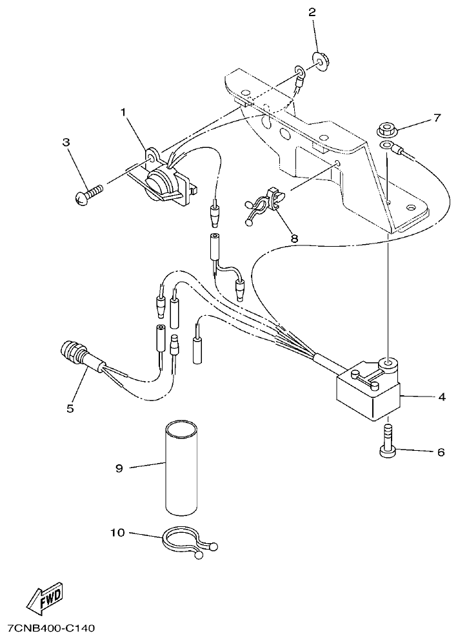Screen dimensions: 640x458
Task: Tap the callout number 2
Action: coord(313,12)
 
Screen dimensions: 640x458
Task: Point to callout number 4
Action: coord(442,397)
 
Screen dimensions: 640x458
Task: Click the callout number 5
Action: coord(70,408)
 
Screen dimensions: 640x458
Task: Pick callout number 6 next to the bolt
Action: coord(441,452)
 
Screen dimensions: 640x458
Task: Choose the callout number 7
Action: coord(437,118)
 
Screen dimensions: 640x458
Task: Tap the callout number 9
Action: coord(119,468)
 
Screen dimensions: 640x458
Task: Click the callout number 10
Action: coord(117,533)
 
